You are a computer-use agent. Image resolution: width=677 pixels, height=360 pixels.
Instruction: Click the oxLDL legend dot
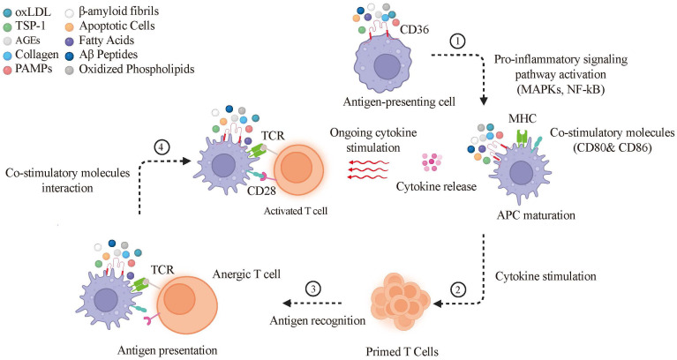7,12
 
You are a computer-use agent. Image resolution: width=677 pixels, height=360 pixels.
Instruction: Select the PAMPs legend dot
7,70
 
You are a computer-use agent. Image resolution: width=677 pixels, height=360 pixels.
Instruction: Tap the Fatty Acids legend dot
71,41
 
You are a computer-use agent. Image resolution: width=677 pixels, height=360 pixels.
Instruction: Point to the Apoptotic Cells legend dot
71,26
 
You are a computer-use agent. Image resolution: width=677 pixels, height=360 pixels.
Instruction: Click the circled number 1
458,41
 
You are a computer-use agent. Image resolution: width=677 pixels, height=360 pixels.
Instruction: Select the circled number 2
458,289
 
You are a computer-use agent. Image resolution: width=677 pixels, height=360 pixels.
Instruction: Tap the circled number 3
313,289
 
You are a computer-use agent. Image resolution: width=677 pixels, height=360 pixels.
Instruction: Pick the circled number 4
162,147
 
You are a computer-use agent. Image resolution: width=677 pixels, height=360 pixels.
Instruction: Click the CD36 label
415,30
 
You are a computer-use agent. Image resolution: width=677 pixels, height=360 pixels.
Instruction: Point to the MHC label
522,118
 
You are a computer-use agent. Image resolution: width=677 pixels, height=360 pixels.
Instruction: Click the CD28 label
261,191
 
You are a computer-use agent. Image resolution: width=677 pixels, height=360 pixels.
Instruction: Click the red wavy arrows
369,169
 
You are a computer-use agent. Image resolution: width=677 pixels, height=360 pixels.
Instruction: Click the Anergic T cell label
246,274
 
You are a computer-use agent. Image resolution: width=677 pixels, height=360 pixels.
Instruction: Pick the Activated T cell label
296,211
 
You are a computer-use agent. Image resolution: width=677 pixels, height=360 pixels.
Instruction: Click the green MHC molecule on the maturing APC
523,139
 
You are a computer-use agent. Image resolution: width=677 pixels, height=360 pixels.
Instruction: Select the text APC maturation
536,215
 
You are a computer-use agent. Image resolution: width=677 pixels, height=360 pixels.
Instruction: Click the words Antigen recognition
318,320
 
